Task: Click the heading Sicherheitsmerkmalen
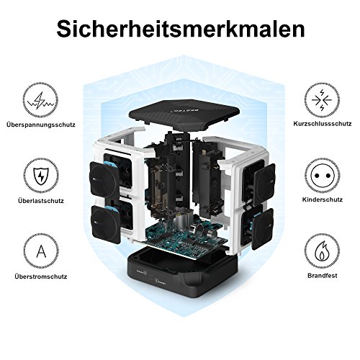tap(181, 30)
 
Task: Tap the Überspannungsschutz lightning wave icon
tap(40, 100)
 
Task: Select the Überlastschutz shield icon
tap(41, 176)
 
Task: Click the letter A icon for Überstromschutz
tap(41, 251)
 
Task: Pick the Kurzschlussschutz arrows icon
tap(322, 100)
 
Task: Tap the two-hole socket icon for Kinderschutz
tap(322, 176)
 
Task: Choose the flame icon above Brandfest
tap(322, 251)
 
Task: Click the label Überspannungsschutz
tap(41, 125)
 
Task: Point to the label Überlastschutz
tap(41, 200)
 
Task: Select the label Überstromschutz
tap(41, 276)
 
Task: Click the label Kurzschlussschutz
tap(323, 124)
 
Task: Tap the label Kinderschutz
tap(323, 199)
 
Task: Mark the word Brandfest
tap(323, 275)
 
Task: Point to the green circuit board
tap(186, 237)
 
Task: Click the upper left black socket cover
tap(104, 179)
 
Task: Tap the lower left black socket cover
tap(106, 225)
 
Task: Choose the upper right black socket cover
tap(264, 184)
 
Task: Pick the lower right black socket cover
tap(263, 229)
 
